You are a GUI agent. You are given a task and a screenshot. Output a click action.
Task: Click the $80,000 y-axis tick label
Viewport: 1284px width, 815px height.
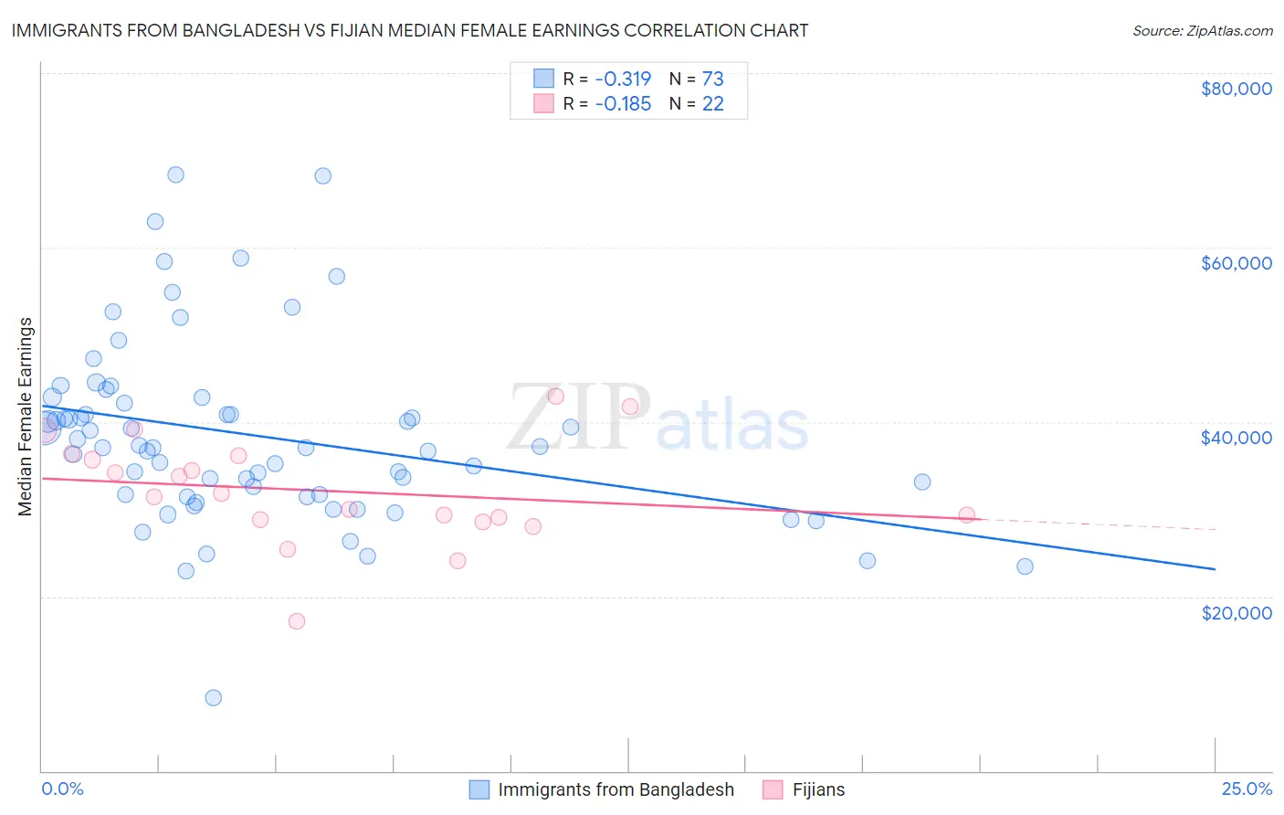[x=1236, y=89]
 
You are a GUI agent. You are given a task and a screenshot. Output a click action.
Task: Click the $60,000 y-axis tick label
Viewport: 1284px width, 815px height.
[x=1236, y=263]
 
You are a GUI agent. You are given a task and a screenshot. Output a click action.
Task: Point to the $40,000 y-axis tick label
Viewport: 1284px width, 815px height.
[x=1236, y=438]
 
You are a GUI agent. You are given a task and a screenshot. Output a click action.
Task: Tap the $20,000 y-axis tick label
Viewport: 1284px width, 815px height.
[x=1236, y=612]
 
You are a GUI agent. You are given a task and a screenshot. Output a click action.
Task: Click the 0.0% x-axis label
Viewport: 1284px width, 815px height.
[x=62, y=789]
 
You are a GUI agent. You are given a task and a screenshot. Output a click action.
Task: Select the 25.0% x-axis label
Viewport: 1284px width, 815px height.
[x=1247, y=789]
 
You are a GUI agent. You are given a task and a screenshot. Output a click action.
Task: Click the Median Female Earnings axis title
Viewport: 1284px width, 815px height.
[x=26, y=417]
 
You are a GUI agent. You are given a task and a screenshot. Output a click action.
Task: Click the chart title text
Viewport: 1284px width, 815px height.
[x=409, y=30]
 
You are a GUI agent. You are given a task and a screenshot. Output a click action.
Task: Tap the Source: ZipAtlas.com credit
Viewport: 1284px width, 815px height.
[x=1202, y=30]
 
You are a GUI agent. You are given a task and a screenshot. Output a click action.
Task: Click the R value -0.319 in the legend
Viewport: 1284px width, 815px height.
[x=623, y=79]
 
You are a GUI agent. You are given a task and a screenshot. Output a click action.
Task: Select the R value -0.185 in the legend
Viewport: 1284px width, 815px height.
[x=623, y=103]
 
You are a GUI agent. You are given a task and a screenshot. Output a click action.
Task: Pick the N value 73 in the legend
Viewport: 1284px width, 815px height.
[x=712, y=79]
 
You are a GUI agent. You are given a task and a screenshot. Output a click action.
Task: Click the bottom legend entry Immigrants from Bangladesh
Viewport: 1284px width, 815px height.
[x=615, y=789]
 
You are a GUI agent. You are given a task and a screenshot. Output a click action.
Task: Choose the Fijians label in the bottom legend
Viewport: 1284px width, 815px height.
[x=817, y=789]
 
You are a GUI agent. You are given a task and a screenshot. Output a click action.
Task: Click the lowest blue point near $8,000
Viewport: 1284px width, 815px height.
[x=213, y=697]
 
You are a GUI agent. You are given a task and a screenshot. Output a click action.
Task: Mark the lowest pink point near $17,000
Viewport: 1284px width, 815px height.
[x=296, y=621]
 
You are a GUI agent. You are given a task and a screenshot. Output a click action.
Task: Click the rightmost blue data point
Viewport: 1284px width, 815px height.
[x=1025, y=566]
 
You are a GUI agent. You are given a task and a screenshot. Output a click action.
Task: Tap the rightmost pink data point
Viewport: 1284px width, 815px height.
[x=966, y=515]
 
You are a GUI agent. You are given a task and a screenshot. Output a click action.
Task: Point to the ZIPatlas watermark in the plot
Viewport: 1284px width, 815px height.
[x=658, y=418]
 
